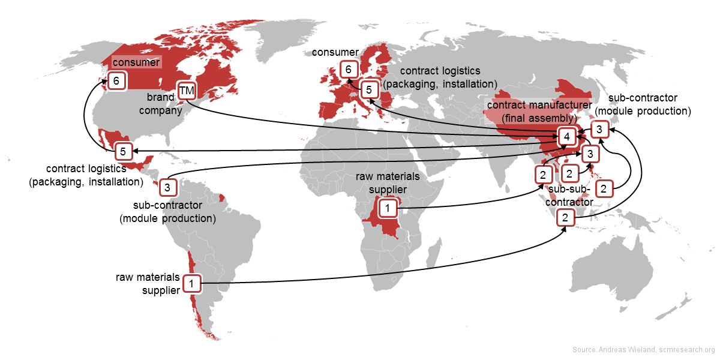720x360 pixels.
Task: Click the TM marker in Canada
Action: click(187, 91)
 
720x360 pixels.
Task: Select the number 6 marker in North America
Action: click(116, 80)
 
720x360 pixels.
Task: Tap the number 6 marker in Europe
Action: click(348, 70)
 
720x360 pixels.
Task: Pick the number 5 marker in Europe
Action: click(370, 90)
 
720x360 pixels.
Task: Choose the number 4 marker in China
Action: click(566, 137)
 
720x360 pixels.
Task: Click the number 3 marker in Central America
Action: click(167, 188)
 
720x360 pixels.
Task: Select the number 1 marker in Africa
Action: click(388, 208)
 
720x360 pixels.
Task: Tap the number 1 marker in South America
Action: click(191, 283)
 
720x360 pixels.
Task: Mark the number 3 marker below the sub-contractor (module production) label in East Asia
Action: click(599, 129)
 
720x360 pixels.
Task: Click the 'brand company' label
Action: click(164, 103)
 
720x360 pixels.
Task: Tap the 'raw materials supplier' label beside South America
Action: click(148, 283)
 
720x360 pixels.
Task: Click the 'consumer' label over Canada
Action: click(136, 62)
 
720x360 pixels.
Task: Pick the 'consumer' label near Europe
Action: click(335, 53)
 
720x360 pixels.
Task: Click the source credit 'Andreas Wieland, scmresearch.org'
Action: click(643, 350)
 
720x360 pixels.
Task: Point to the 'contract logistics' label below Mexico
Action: click(86, 175)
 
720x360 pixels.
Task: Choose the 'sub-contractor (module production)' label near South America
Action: click(167, 212)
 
